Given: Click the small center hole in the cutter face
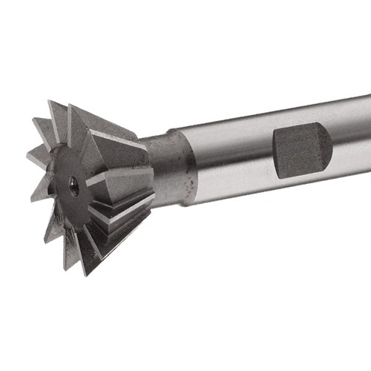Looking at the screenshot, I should pos(74,187).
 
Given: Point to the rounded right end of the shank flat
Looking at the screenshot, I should pos(326,151).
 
